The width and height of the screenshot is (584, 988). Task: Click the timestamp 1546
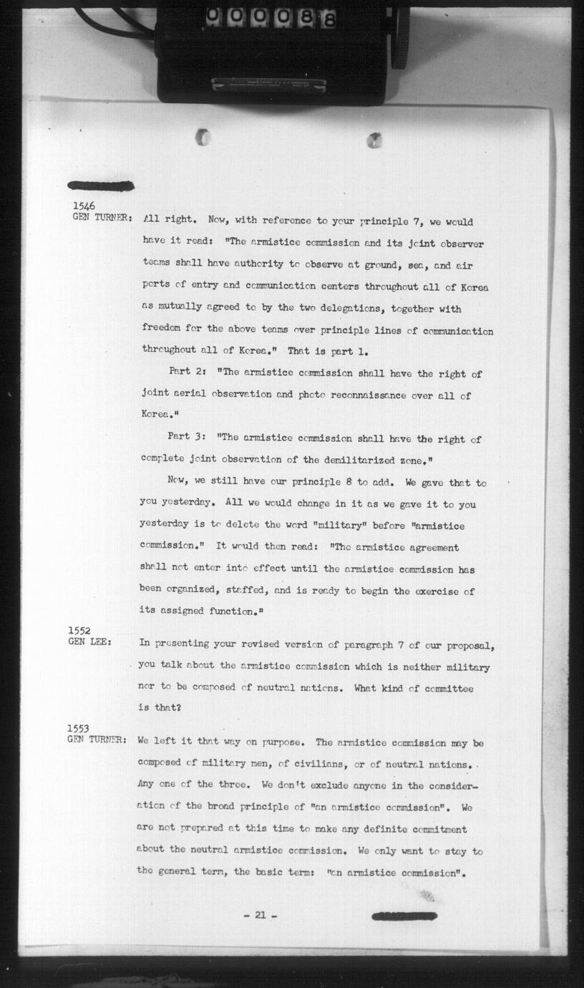[x=83, y=205]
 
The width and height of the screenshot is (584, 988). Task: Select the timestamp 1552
[x=79, y=631]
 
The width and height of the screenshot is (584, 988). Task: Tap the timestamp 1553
[x=79, y=729]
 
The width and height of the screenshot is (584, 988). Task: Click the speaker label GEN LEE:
[x=89, y=642]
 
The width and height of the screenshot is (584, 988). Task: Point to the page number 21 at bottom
[x=260, y=914]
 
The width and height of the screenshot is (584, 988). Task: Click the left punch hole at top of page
[x=203, y=137]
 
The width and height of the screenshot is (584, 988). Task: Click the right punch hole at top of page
[x=374, y=140]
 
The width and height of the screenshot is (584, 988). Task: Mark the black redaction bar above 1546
[x=101, y=186]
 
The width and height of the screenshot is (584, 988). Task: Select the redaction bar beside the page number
[x=404, y=916]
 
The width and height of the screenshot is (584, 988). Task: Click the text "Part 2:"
[x=190, y=372]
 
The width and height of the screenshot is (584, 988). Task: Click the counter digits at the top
[x=272, y=19]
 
